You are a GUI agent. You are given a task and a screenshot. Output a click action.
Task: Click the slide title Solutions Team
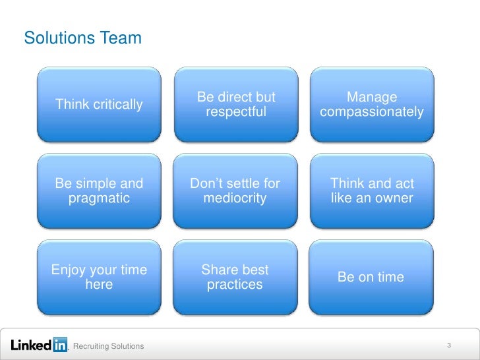(x=82, y=39)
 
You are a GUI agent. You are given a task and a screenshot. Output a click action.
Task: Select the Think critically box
(x=100, y=104)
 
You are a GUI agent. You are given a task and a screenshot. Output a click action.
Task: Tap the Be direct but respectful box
(x=236, y=104)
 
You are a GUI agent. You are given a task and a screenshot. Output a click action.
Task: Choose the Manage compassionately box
(x=372, y=104)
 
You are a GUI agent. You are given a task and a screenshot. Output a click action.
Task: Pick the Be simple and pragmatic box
(x=100, y=191)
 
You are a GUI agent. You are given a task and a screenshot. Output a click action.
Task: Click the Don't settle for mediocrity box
(x=236, y=191)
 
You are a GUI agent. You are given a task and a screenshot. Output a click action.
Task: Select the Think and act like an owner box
(x=372, y=191)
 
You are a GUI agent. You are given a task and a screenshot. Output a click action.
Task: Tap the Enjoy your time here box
(x=100, y=277)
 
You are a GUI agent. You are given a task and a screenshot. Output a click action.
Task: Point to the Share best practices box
(x=236, y=277)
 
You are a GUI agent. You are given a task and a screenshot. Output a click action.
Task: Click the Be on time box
(x=372, y=277)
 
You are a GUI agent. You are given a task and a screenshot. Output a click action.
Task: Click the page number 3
(x=448, y=345)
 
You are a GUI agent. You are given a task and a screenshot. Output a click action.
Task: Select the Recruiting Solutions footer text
(x=108, y=347)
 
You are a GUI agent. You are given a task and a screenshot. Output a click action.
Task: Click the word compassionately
(x=372, y=112)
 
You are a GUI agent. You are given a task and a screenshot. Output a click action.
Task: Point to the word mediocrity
(x=235, y=198)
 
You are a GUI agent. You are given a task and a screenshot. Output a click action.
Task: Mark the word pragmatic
(x=99, y=198)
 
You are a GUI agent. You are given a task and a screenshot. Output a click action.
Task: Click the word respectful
(x=236, y=112)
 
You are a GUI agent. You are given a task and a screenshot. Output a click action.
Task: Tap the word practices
(x=235, y=285)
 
